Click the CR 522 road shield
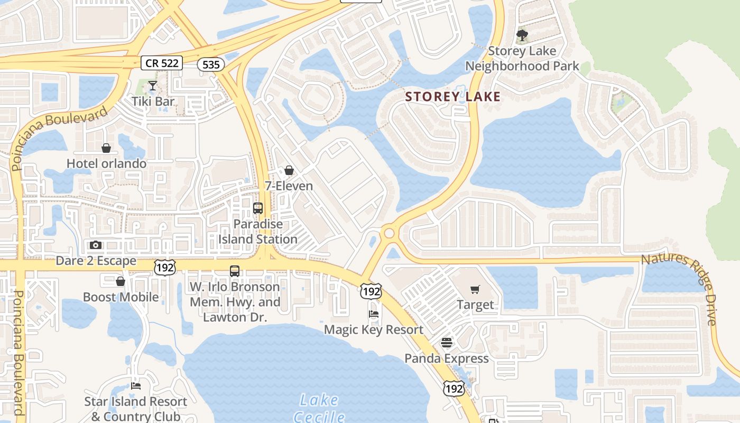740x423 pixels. (x=162, y=63)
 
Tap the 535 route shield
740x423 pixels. (x=211, y=65)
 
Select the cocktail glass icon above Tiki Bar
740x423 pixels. (x=152, y=86)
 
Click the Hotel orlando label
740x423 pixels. (x=106, y=163)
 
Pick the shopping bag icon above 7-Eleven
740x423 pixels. (x=289, y=170)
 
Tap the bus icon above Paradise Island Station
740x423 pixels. (x=258, y=208)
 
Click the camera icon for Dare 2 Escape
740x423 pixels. (x=96, y=245)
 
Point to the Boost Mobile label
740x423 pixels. (x=121, y=297)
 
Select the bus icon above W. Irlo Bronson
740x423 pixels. (x=235, y=271)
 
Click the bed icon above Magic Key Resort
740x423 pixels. (x=374, y=314)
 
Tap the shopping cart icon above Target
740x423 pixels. (x=475, y=289)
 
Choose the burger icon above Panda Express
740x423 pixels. (x=447, y=343)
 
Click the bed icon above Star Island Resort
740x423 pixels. (x=136, y=386)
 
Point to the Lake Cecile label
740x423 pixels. (x=319, y=407)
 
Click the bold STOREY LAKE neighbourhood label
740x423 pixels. (x=452, y=97)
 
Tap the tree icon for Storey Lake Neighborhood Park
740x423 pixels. (x=522, y=36)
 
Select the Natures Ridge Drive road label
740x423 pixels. (x=682, y=288)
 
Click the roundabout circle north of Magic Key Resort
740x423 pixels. (x=390, y=233)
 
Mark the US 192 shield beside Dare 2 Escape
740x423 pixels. (x=165, y=268)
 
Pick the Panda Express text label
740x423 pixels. (x=447, y=358)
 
